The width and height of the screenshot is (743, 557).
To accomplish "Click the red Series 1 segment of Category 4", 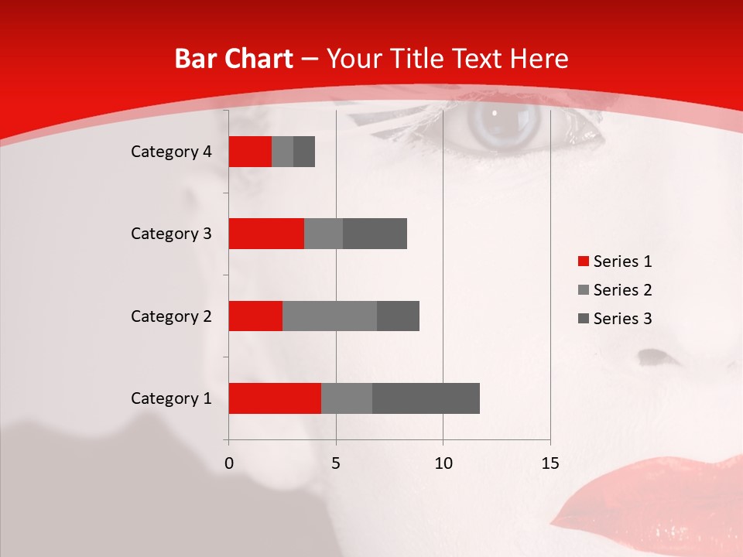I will point(250,152).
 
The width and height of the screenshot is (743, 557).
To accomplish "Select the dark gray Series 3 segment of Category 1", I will point(426,398).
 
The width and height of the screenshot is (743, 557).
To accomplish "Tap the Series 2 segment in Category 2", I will point(330,316).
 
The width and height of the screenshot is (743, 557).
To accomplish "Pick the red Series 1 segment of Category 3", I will point(266,234).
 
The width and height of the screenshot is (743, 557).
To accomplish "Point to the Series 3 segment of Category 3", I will point(375,234).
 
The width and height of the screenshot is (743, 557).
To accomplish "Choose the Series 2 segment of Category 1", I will point(347,398).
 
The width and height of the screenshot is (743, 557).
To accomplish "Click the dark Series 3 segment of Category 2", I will point(398,316).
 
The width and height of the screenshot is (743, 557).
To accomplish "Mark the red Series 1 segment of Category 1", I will point(275,398).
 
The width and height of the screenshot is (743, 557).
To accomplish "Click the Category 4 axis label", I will point(171,152).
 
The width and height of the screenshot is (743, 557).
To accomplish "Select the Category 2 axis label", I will point(171,316).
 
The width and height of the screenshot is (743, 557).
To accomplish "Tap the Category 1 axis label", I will point(171,398).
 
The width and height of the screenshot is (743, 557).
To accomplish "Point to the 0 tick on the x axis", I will point(228,463).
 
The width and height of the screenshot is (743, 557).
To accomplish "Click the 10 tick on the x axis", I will point(443,463).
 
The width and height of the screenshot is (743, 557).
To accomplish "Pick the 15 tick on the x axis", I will point(550,463).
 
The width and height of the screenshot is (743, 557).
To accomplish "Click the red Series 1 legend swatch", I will point(583,261).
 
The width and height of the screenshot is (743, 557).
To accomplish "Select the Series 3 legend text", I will point(622,319).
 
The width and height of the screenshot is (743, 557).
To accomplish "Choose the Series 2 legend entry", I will point(615,290).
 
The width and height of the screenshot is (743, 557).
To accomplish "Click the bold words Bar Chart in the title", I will point(233,59).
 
